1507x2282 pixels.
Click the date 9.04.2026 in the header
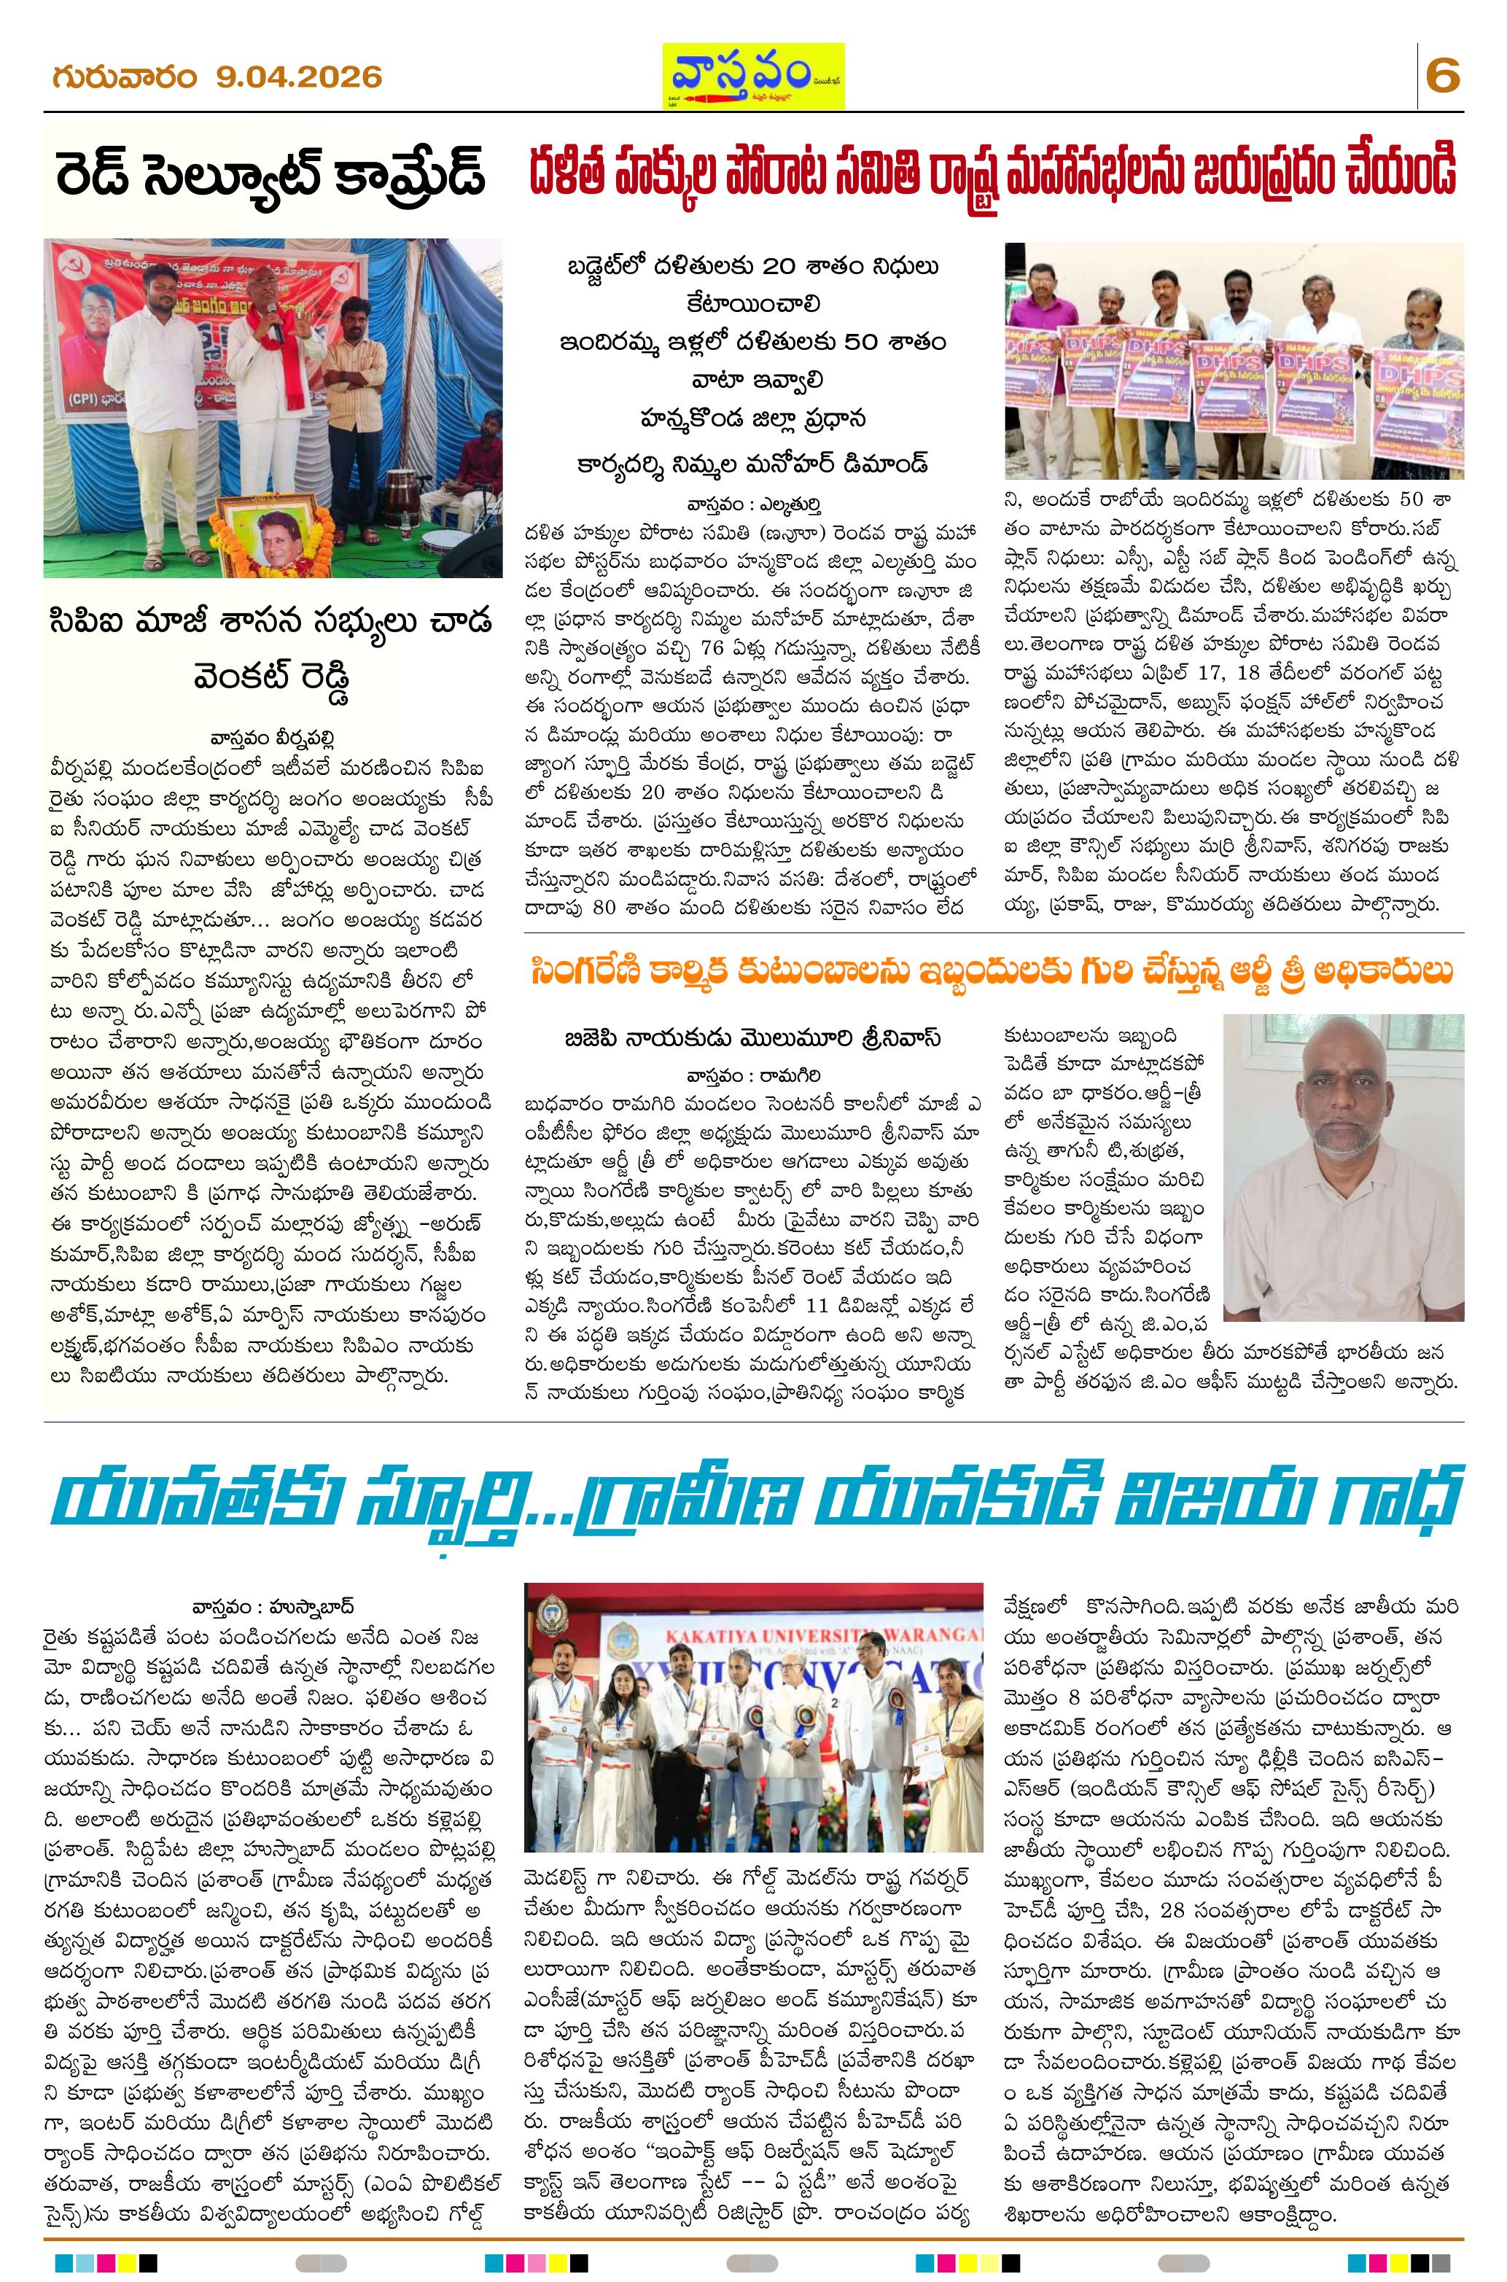[299, 76]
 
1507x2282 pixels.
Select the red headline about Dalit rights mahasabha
[994, 176]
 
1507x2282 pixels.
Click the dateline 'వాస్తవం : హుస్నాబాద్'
[273, 1605]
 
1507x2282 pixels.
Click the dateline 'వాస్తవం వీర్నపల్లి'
[275, 738]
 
